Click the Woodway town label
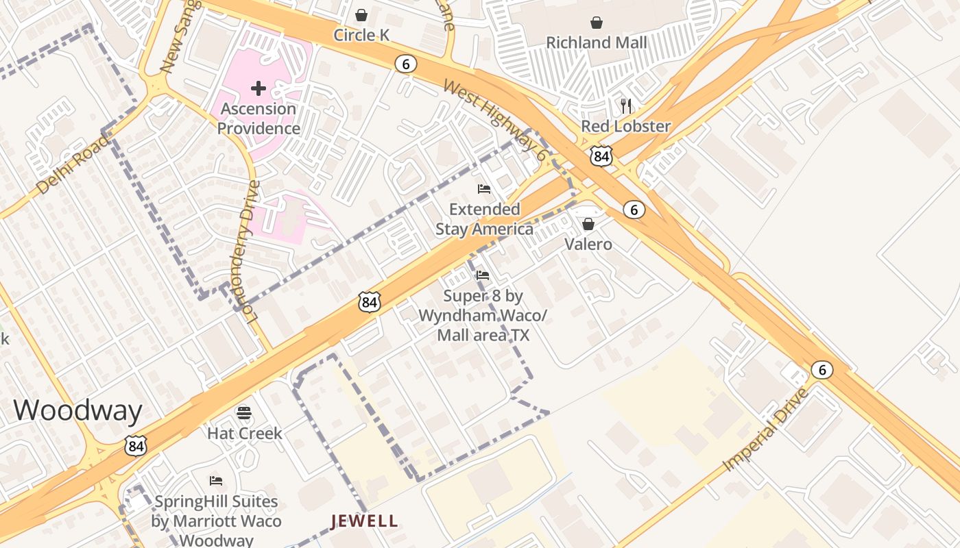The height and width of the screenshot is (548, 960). [77, 410]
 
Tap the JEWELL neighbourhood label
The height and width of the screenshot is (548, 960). [364, 521]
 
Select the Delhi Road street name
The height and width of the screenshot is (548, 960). [72, 164]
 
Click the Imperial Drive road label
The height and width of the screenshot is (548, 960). [766, 429]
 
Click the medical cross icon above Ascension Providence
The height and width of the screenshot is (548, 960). [259, 88]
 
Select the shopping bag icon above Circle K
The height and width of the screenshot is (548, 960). [361, 15]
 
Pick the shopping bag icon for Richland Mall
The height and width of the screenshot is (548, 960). [597, 23]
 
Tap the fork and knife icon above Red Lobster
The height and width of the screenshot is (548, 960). [625, 105]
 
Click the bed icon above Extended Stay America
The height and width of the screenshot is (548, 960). [484, 189]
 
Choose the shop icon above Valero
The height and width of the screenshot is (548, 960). [588, 224]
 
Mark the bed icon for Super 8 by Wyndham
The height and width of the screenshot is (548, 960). [483, 276]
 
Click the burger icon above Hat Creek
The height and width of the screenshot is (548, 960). [244, 413]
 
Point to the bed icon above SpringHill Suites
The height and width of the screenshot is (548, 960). [216, 481]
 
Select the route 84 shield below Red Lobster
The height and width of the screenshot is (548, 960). [601, 156]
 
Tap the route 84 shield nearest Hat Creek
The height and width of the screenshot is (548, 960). [136, 446]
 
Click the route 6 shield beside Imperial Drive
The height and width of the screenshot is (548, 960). [821, 370]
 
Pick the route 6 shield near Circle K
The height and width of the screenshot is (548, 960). [406, 64]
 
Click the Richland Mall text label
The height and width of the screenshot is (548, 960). [596, 42]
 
